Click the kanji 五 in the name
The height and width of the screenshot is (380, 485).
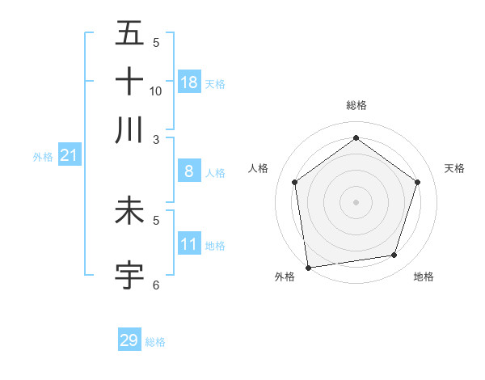[129, 34]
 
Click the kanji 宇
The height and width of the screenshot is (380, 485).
[129, 274]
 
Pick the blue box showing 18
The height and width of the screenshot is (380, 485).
[189, 82]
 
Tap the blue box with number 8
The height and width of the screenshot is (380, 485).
[188, 171]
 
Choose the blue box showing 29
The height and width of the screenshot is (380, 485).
[129, 340]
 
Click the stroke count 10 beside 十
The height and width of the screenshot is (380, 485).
[156, 91]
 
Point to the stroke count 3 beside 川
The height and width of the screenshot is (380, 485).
[157, 139]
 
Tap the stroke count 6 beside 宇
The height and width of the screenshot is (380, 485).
[157, 285]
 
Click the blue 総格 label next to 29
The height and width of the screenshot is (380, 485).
[156, 342]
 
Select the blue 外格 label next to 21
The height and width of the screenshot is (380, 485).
[43, 157]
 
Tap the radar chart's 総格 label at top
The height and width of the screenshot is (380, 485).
[356, 105]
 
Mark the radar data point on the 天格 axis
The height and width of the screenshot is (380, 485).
[417, 182]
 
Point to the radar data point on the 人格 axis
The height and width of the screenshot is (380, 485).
[295, 182]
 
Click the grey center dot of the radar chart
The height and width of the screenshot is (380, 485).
[356, 201]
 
